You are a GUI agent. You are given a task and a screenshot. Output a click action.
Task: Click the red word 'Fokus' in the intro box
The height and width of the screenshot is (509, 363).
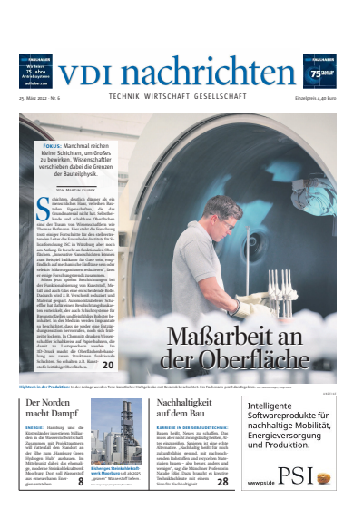(54, 144)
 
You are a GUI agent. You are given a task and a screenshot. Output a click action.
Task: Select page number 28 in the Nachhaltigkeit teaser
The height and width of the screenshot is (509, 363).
(222, 483)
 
